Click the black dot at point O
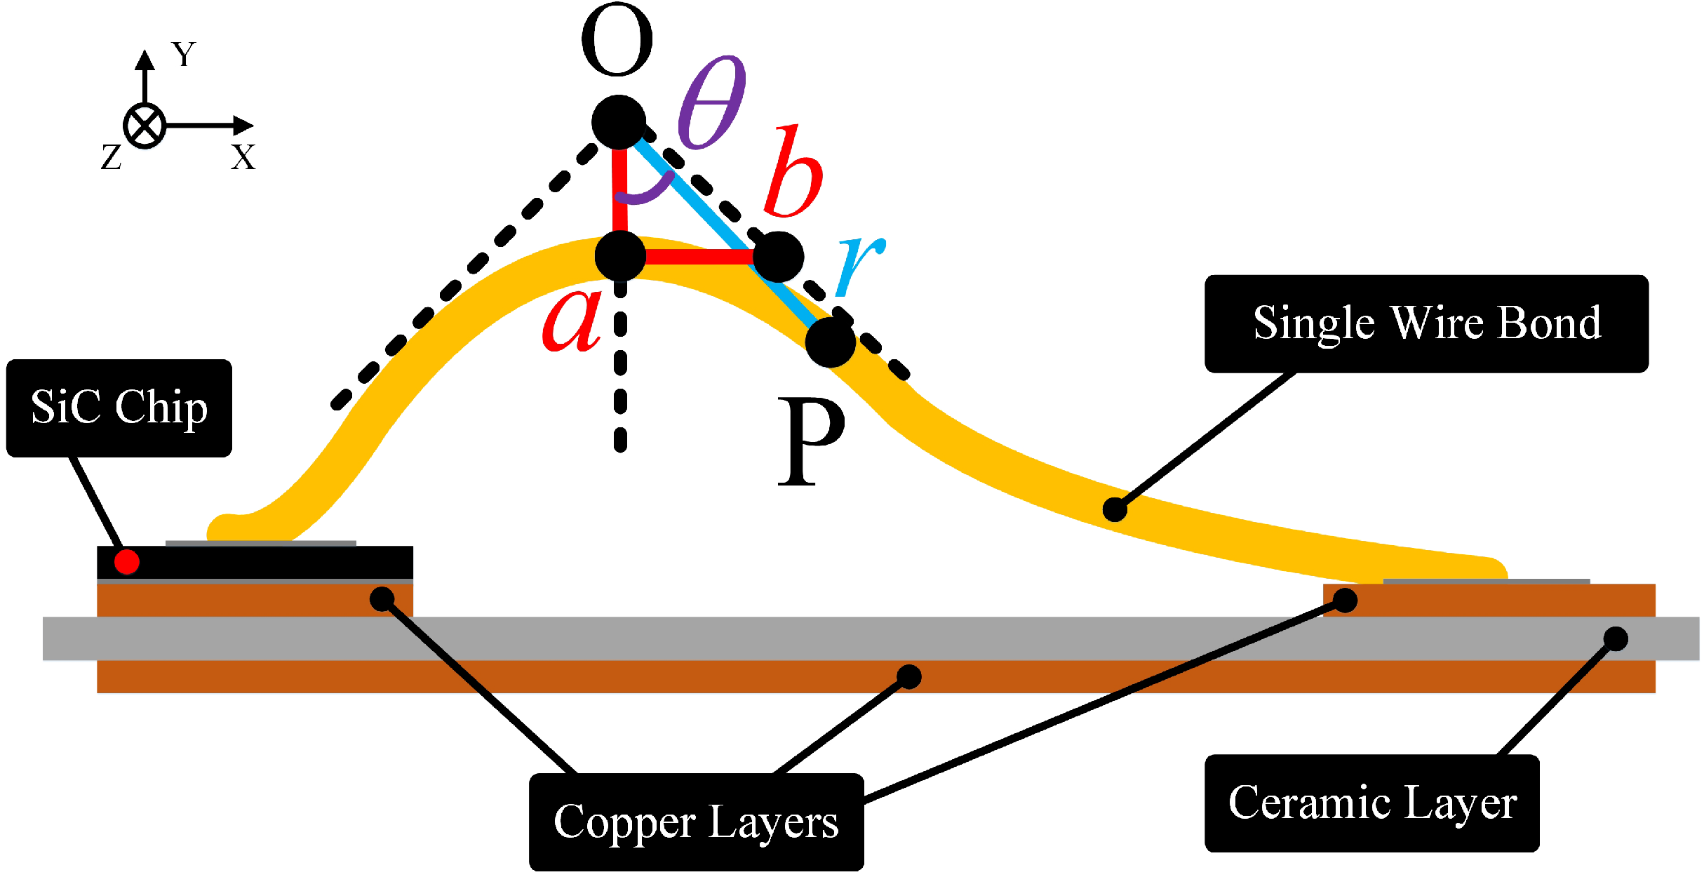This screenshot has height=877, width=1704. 618,122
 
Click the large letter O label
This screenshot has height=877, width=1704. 617,41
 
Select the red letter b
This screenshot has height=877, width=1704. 793,172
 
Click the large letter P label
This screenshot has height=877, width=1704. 810,442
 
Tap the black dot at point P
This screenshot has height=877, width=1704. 830,342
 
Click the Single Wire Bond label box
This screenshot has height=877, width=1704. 1426,323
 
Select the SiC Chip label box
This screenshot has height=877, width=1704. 119,408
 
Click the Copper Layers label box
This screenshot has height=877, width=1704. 696,822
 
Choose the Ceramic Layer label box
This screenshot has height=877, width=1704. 1371,803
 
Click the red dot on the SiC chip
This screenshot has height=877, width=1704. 127,562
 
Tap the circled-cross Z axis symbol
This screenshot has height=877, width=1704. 145,126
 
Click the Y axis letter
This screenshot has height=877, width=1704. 184,54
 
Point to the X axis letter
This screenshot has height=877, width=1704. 243,157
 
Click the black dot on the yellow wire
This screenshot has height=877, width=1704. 1115,509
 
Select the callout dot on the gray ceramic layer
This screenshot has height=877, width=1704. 1616,638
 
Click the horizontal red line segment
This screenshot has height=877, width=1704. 698,257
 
